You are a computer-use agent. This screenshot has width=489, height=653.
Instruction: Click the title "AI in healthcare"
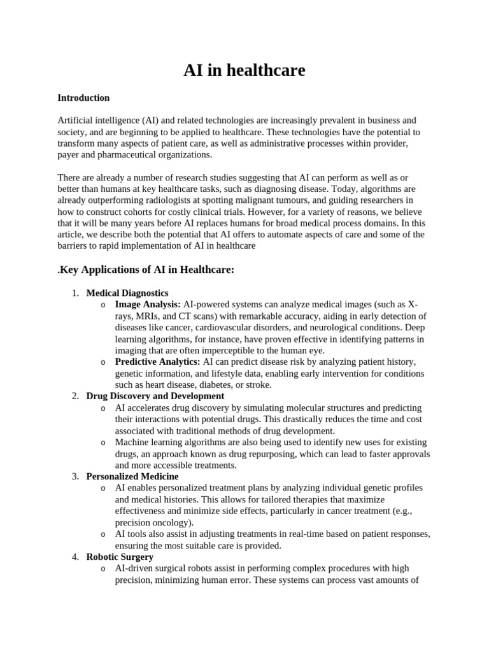click(244, 70)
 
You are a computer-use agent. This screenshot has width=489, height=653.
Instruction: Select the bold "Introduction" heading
click(83, 98)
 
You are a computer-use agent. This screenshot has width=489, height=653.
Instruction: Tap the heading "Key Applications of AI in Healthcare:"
click(148, 270)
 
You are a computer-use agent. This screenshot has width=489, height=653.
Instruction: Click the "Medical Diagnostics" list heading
click(127, 293)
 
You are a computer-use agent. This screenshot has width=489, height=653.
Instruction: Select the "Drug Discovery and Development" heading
click(155, 396)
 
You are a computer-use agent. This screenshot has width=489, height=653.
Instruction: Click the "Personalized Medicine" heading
click(132, 476)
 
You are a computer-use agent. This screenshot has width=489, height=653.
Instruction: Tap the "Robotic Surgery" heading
click(120, 557)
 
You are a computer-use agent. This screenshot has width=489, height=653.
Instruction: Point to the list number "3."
click(75, 476)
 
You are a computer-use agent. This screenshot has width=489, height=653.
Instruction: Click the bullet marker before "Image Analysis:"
click(103, 305)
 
